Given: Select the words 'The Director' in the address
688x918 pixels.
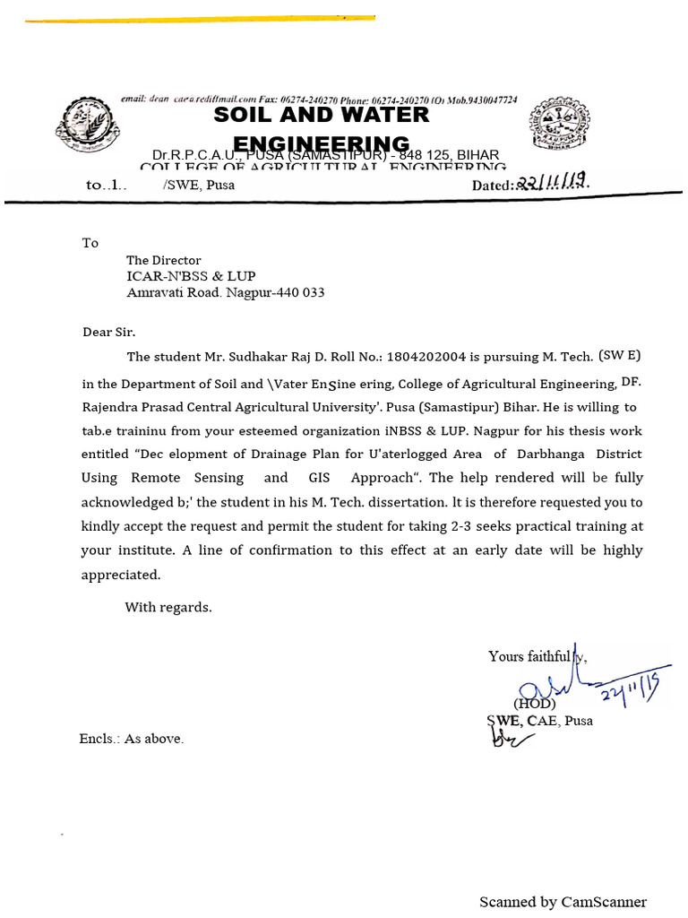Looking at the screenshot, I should (x=163, y=261).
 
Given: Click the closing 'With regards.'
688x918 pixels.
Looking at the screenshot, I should (x=168, y=608).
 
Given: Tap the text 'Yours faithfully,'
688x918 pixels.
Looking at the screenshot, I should (x=537, y=657).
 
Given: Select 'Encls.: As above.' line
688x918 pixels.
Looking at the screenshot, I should (x=132, y=739).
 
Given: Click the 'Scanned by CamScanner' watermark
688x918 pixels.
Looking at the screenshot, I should (x=563, y=902).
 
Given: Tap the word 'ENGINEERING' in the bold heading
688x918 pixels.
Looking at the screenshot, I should (x=321, y=144).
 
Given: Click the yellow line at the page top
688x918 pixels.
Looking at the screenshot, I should (x=200, y=19).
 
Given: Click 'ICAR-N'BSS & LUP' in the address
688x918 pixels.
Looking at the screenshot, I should (x=196, y=277).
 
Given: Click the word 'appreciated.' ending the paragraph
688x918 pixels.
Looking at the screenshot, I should (x=121, y=575).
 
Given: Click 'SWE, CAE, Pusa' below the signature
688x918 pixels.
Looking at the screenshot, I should (x=538, y=721).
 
